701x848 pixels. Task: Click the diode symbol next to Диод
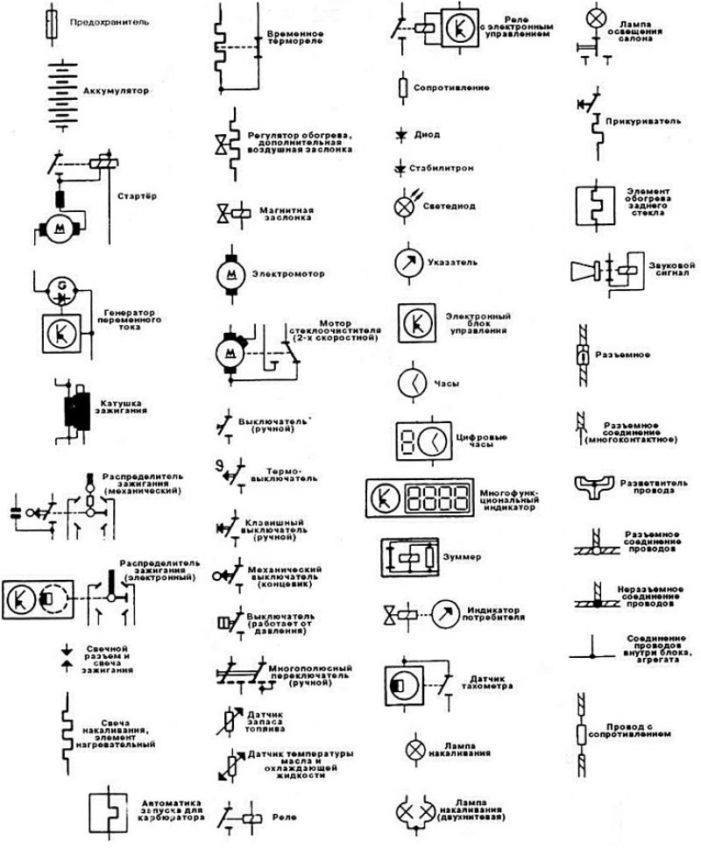(402, 134)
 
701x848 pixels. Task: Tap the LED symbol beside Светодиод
(404, 207)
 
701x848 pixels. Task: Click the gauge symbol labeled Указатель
(404, 261)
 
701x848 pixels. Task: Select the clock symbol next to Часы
(411, 383)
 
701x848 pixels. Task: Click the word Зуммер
(464, 557)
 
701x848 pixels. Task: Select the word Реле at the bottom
(285, 816)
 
